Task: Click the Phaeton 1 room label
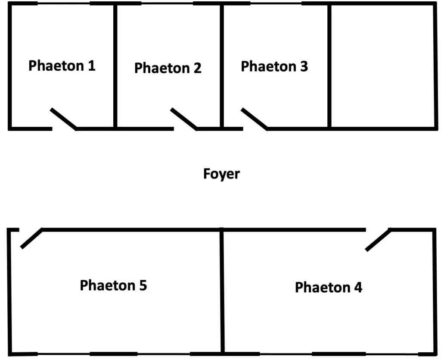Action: [62, 66]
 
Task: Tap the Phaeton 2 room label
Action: [168, 68]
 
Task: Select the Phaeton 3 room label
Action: [274, 67]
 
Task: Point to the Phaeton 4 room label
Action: [328, 288]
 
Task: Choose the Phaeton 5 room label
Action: [113, 285]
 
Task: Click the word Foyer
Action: [221, 174]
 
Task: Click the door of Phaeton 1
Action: [63, 119]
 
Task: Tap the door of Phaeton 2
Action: [183, 119]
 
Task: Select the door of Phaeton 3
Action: [254, 119]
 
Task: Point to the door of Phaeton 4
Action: [378, 240]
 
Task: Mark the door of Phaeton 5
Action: [31, 238]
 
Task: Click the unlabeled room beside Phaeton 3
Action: [382, 67]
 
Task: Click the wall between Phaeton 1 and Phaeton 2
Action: [115, 65]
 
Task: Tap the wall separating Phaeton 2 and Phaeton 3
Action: [222, 65]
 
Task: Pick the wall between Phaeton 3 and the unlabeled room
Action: [329, 65]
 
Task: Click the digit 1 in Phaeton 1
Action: [91, 66]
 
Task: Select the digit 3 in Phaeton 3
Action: [304, 67]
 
